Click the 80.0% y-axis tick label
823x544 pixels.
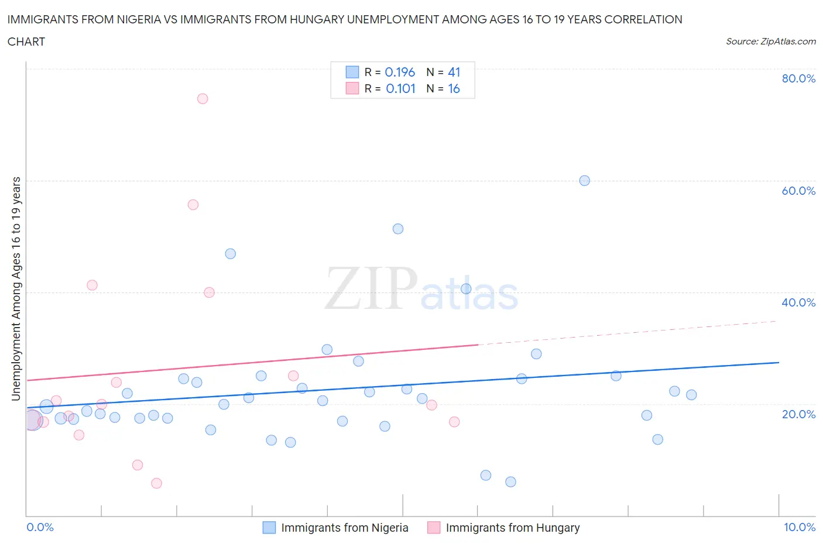point(798,78)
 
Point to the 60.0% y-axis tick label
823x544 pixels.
point(798,191)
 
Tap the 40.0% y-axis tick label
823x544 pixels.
point(798,302)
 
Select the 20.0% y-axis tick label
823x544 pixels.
point(798,414)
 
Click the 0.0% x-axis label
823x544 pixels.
point(40,527)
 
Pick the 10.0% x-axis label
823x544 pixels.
point(800,527)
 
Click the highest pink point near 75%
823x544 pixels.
point(203,98)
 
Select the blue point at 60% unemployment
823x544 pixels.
point(584,181)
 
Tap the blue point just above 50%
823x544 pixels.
point(398,229)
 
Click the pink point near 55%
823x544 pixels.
point(193,205)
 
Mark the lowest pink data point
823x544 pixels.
point(156,483)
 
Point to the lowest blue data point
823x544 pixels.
point(510,482)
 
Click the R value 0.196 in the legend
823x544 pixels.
point(400,72)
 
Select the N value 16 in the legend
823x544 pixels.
point(454,88)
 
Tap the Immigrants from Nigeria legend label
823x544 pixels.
point(344,528)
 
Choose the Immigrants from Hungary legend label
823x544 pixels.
point(512,528)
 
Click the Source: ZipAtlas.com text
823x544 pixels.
point(770,42)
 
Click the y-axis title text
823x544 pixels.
point(16,288)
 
